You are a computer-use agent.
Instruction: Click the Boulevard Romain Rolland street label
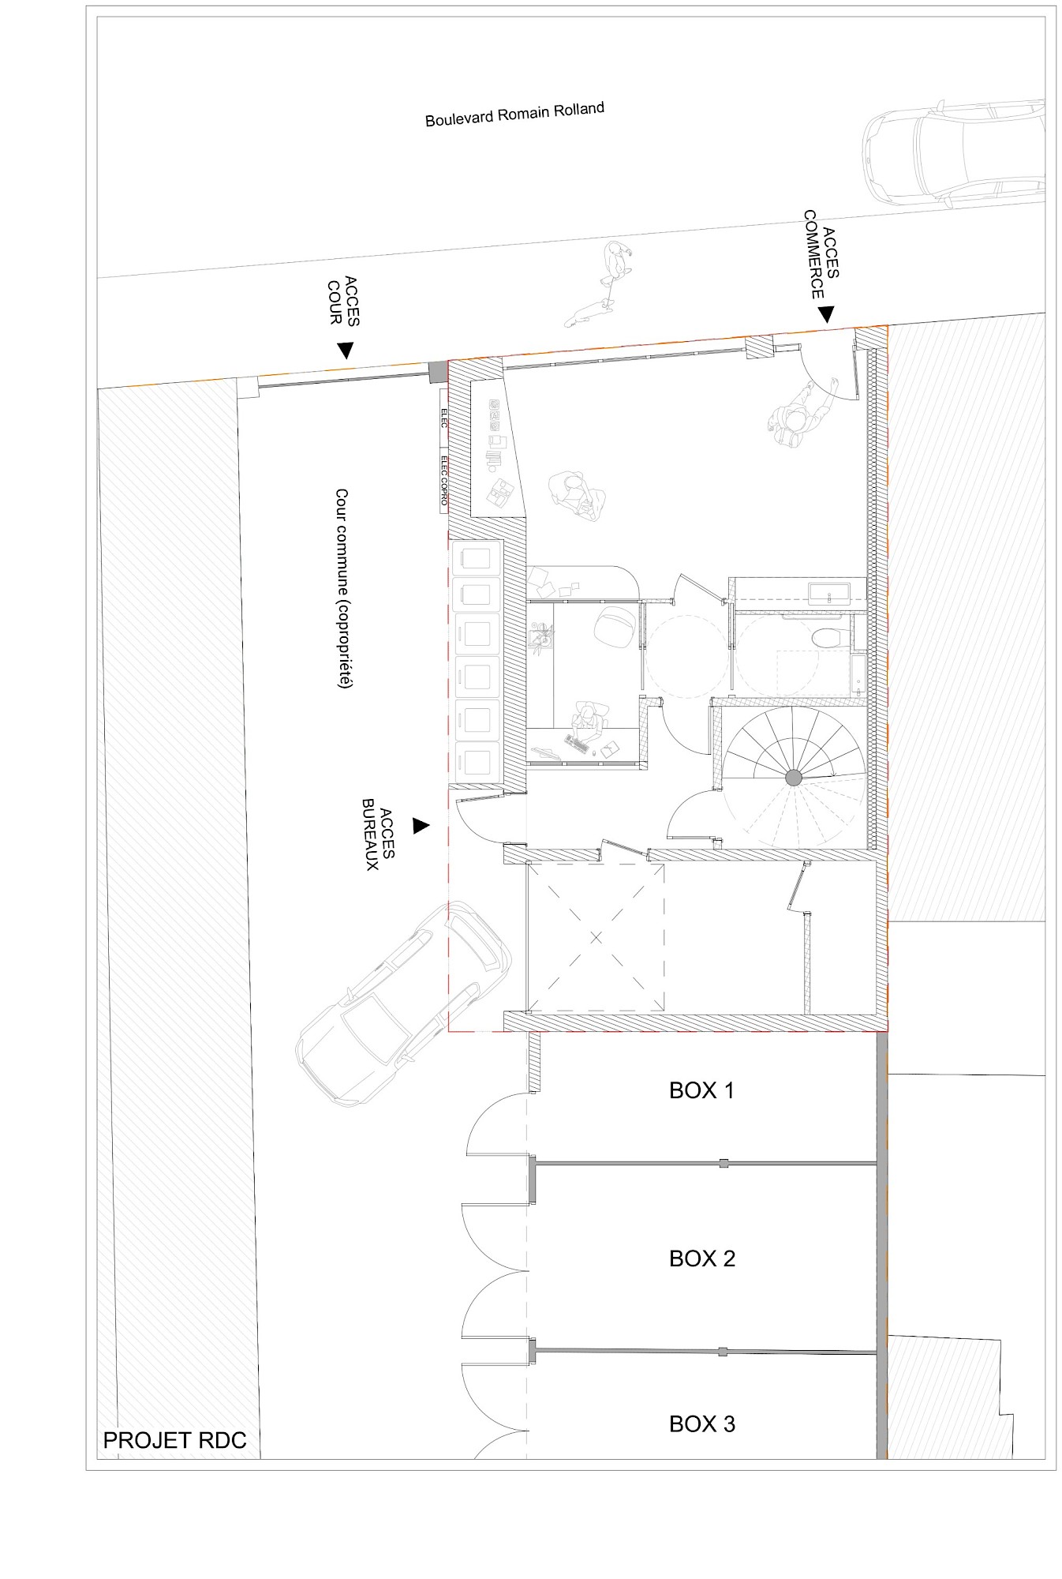pos(514,114)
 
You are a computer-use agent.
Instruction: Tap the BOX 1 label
pos(701,1090)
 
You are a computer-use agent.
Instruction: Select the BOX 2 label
pos(701,1258)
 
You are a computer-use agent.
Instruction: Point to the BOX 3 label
pos(701,1424)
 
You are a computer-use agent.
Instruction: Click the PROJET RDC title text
pos(174,1440)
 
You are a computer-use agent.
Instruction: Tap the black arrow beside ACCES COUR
pos(345,350)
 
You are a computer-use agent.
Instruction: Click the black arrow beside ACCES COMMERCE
pos(825,314)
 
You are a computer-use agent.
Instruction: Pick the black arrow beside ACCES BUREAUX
pos(421,826)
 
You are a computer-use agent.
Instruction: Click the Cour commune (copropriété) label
pos(342,589)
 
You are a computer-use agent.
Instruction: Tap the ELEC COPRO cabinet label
pos(444,480)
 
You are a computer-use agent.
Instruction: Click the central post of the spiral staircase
pos(793,778)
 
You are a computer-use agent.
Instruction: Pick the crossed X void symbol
pos(596,937)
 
